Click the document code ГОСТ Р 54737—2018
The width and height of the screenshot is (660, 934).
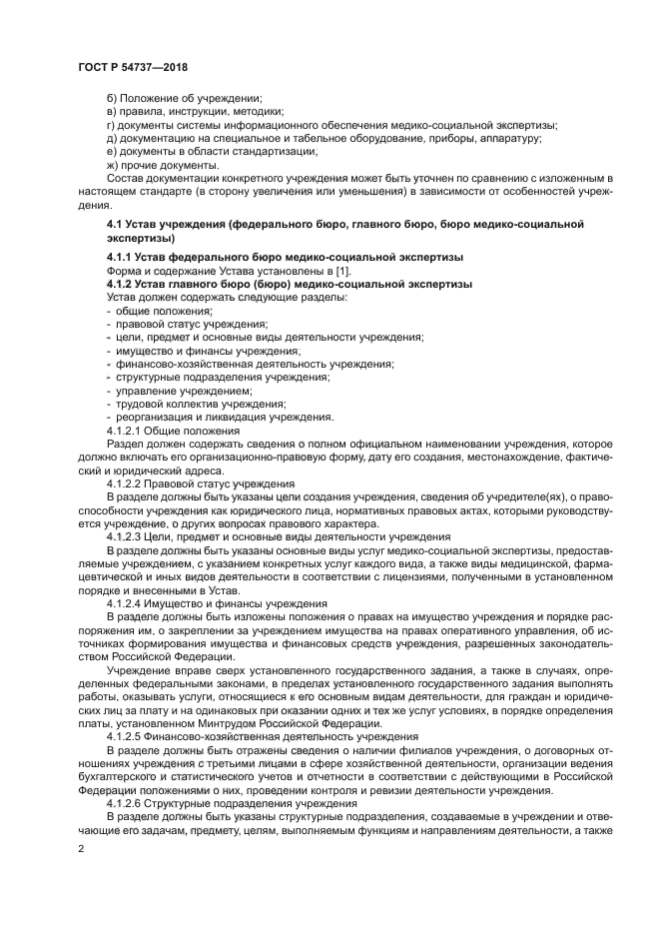click(133, 67)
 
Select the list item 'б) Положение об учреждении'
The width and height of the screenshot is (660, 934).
click(184, 98)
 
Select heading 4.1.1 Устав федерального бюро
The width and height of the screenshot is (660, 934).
click(285, 258)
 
